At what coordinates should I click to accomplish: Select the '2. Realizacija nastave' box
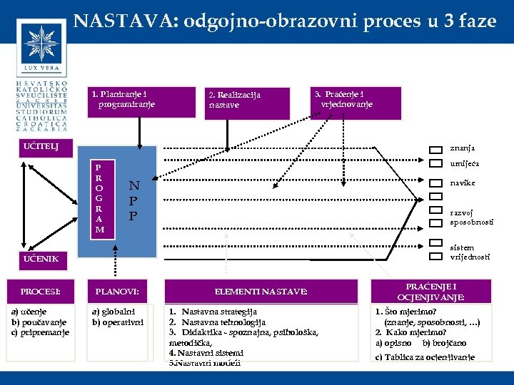tap(244, 100)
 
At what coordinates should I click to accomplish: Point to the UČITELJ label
tap(41, 148)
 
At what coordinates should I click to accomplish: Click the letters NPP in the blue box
tap(133, 200)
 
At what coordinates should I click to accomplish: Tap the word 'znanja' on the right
tap(462, 148)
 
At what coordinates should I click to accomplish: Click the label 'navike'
tap(462, 183)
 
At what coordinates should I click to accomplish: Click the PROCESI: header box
tap(41, 292)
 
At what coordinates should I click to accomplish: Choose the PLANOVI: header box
tap(117, 292)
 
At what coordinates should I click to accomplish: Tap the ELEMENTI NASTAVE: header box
tap(261, 292)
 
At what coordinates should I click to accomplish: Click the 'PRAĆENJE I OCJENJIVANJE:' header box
tap(430, 292)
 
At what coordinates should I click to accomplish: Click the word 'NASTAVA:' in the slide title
tap(126, 21)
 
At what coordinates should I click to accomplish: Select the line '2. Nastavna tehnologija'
tap(218, 322)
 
